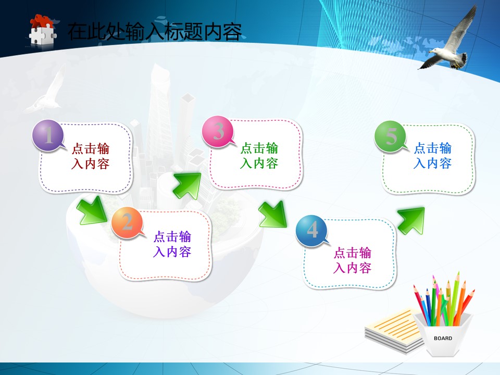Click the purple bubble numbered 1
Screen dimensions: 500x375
pos(48,135)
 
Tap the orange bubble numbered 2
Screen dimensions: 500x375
pos(127,222)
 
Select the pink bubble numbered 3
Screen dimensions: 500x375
pos(218,131)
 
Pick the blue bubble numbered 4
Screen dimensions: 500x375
pos(311,230)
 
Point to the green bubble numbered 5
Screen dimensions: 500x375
pos(390,136)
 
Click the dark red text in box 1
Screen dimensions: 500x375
pos(90,156)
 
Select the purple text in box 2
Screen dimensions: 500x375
pos(172,244)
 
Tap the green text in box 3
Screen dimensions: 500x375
pos(259,156)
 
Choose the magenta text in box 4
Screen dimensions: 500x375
pos(353,260)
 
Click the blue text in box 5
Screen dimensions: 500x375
pos(433,156)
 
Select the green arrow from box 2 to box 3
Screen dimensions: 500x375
pos(187,186)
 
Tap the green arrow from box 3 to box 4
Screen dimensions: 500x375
pos(273,214)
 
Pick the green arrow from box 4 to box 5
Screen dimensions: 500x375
pos(411,221)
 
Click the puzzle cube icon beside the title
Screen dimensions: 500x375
pos(43,30)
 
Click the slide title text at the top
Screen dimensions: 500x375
pos(154,32)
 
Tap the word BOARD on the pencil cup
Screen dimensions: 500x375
pos(443,338)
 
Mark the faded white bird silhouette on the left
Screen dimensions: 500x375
pos(45,90)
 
